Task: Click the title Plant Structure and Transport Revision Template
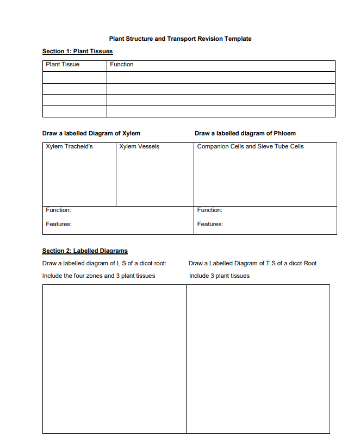[180, 39]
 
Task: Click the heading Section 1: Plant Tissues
[77, 52]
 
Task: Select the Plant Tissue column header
[63, 65]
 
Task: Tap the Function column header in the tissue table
[121, 65]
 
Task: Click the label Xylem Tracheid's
[69, 147]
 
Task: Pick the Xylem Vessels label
[139, 147]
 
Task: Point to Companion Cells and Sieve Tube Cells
[250, 147]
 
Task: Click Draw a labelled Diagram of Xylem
[91, 133]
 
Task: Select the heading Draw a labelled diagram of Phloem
[245, 133]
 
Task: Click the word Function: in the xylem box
[58, 210]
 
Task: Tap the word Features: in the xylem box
[58, 224]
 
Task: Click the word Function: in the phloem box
[209, 210]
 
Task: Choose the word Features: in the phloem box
[209, 224]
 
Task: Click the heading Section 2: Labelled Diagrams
[85, 251]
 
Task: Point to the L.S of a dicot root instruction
[104, 263]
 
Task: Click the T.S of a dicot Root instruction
[252, 263]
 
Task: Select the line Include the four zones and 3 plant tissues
[98, 276]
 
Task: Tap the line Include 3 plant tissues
[219, 276]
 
